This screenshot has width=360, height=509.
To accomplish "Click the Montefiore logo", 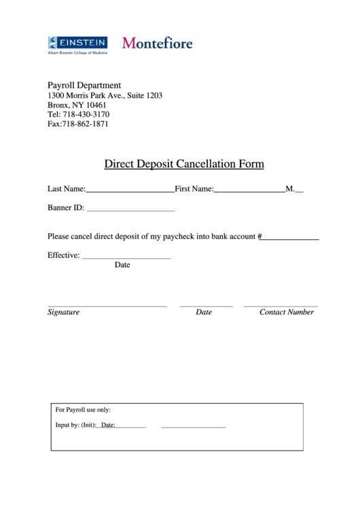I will (157, 43).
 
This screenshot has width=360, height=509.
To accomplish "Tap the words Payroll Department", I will (84, 86).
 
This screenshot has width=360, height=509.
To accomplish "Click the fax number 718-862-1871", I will (85, 124).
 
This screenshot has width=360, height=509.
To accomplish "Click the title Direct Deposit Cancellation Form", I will (183, 164).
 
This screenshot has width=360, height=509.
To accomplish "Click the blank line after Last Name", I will (130, 192).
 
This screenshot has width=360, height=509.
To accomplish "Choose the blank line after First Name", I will (249, 192).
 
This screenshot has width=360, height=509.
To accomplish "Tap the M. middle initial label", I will (290, 189).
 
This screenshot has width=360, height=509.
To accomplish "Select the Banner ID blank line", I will (130, 211).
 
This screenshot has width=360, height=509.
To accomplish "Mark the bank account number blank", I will (290, 240).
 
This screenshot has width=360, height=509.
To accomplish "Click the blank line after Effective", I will (126, 259).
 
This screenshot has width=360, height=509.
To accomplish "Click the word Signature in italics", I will (63, 313).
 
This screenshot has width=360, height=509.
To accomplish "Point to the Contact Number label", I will (287, 313).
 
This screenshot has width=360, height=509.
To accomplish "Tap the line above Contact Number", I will (280, 306).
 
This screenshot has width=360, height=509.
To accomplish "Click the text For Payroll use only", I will (83, 410).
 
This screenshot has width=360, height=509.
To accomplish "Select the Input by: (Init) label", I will (75, 425).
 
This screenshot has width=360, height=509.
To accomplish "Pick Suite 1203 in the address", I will (145, 96).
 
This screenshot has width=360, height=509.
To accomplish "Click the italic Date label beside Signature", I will (204, 313).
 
